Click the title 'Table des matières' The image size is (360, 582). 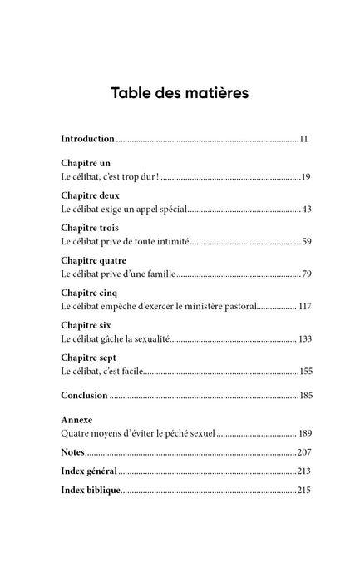coord(180,92)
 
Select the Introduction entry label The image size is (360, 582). coord(88,138)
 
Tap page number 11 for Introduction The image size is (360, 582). coord(303,138)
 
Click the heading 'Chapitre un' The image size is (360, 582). coord(86,163)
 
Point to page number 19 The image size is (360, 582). coord(306,177)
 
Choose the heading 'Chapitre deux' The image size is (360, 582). coord(90,195)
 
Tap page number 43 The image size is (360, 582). coord(306,209)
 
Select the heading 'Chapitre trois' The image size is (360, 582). coord(90,227)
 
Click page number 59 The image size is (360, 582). coord(306,241)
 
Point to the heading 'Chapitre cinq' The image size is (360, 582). coord(89,293)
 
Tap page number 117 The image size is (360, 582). coord(304,307)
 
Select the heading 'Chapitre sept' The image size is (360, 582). coord(89,358)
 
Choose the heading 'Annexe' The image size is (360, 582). coord(77,420)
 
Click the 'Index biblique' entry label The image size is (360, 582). coord(91,491)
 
